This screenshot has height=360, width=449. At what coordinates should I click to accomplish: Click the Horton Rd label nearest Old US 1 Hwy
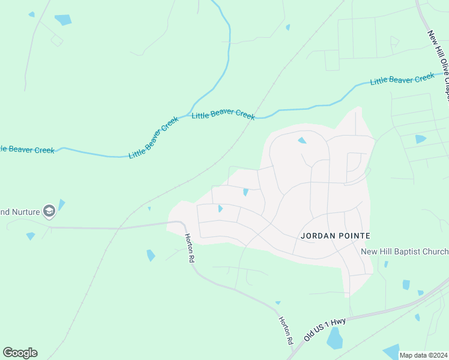pyautogui.click(x=286, y=330)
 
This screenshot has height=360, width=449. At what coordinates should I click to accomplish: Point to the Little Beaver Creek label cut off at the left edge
pyautogui.click(x=28, y=149)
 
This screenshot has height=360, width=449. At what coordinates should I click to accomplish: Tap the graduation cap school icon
pyautogui.click(x=49, y=211)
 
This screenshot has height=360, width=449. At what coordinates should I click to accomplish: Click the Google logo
pyautogui.click(x=20, y=352)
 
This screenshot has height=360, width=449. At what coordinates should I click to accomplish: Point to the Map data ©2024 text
pyautogui.click(x=423, y=355)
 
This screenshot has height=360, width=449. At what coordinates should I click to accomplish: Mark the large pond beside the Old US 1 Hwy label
pyautogui.click(x=335, y=340)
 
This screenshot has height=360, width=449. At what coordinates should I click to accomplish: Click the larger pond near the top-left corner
pyautogui.click(x=63, y=20)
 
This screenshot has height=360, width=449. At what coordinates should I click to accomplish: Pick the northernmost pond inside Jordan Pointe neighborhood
pyautogui.click(x=301, y=140)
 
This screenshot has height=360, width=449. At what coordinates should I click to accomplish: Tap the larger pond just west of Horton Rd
pyautogui.click(x=151, y=255)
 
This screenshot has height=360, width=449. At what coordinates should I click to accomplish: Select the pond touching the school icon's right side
pyautogui.click(x=61, y=205)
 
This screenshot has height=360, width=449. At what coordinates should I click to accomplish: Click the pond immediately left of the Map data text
pyautogui.click(x=391, y=352)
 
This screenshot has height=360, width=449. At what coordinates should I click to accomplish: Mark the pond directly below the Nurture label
pyautogui.click(x=31, y=236)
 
